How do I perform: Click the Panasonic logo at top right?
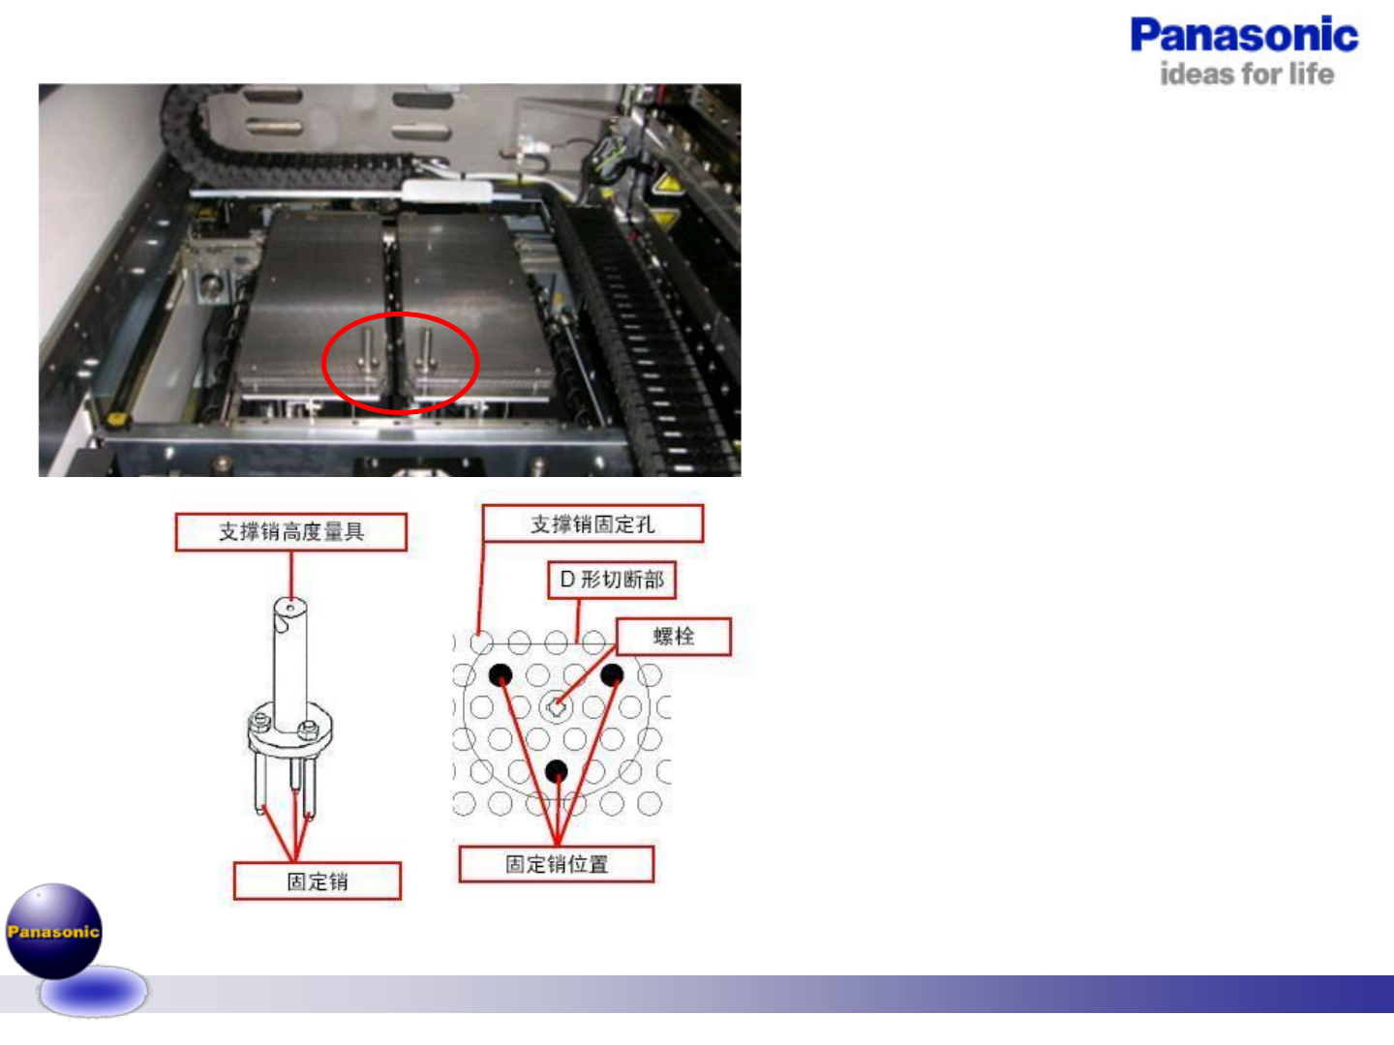tap(1244, 36)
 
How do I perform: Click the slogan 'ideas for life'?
tap(1247, 75)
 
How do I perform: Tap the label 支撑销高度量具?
tap(290, 531)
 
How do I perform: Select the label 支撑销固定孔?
tap(592, 524)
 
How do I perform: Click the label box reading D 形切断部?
tap(612, 580)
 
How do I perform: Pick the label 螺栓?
tap(674, 636)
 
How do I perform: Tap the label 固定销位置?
tap(557, 864)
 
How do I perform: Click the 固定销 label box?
tap(318, 881)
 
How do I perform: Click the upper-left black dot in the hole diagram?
tap(500, 674)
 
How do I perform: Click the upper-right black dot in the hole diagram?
tap(612, 674)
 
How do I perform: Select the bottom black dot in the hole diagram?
tap(556, 771)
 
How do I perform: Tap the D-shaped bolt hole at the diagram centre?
tap(556, 707)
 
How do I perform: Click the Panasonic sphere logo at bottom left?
tap(54, 931)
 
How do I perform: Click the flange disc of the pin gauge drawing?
tap(290, 731)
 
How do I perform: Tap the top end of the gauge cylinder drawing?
tap(289, 609)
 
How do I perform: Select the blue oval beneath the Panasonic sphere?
tap(93, 993)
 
